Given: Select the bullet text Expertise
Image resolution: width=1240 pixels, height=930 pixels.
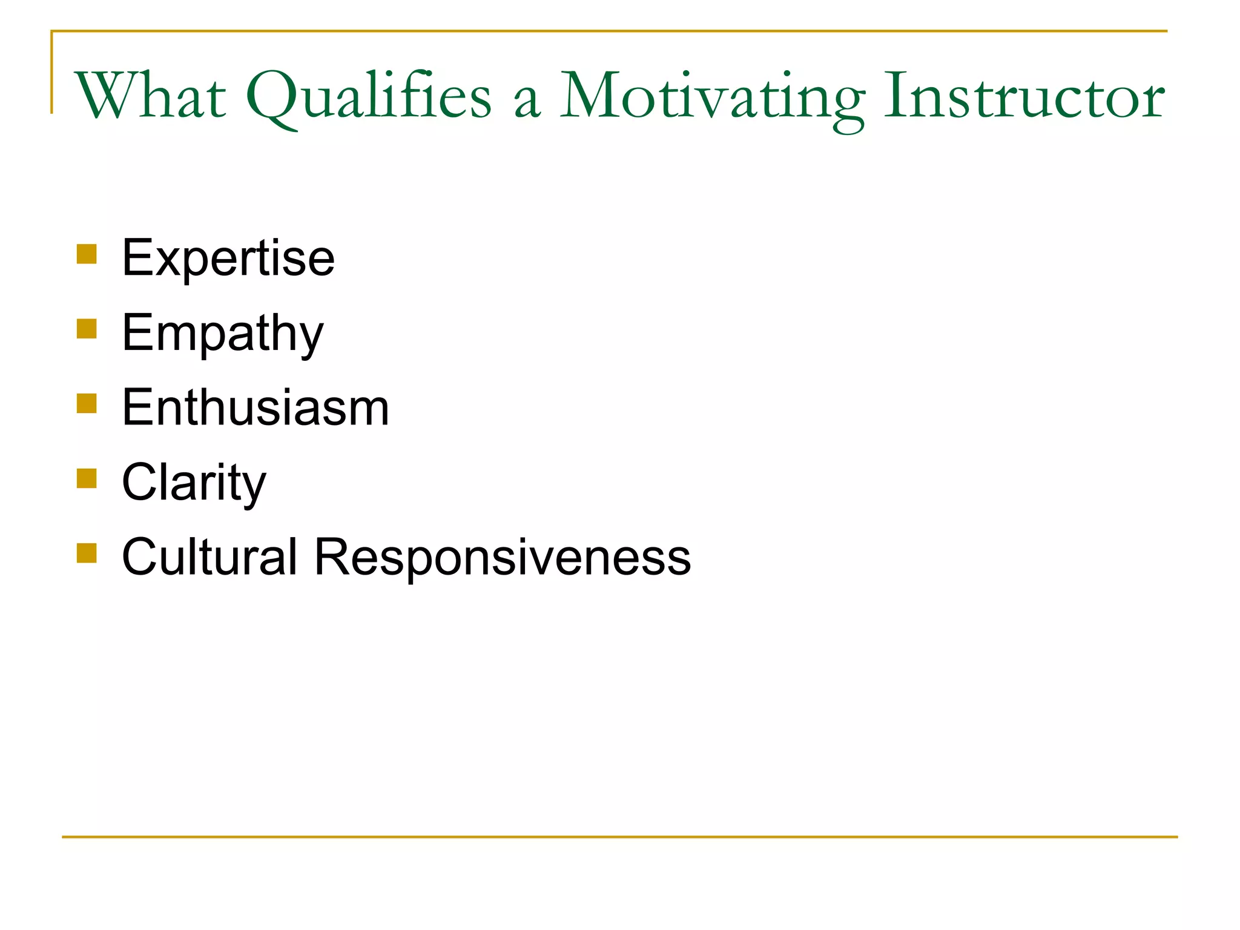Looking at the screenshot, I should click(228, 258).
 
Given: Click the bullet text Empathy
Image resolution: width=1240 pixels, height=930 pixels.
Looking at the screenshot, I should click(222, 333).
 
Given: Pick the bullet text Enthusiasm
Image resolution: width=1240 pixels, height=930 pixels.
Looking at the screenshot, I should click(255, 407).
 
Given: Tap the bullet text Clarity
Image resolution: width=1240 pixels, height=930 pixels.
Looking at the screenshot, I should click(194, 483).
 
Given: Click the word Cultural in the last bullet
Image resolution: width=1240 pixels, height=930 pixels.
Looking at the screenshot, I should click(209, 556).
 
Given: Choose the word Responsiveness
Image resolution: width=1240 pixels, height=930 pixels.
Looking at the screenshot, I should click(503, 556).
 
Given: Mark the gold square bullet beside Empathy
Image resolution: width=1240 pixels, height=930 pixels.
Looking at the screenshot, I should click(87, 329).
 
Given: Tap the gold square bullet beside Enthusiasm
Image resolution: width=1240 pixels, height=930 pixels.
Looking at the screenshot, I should click(87, 403).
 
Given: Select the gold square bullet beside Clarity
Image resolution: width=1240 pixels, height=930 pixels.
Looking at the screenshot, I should click(87, 478).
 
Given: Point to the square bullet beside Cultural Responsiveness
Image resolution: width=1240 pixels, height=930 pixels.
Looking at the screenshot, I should click(87, 553).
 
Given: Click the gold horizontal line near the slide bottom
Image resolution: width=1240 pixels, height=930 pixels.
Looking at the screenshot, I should click(620, 837).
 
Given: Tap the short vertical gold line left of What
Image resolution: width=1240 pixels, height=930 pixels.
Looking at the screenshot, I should click(51, 73).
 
